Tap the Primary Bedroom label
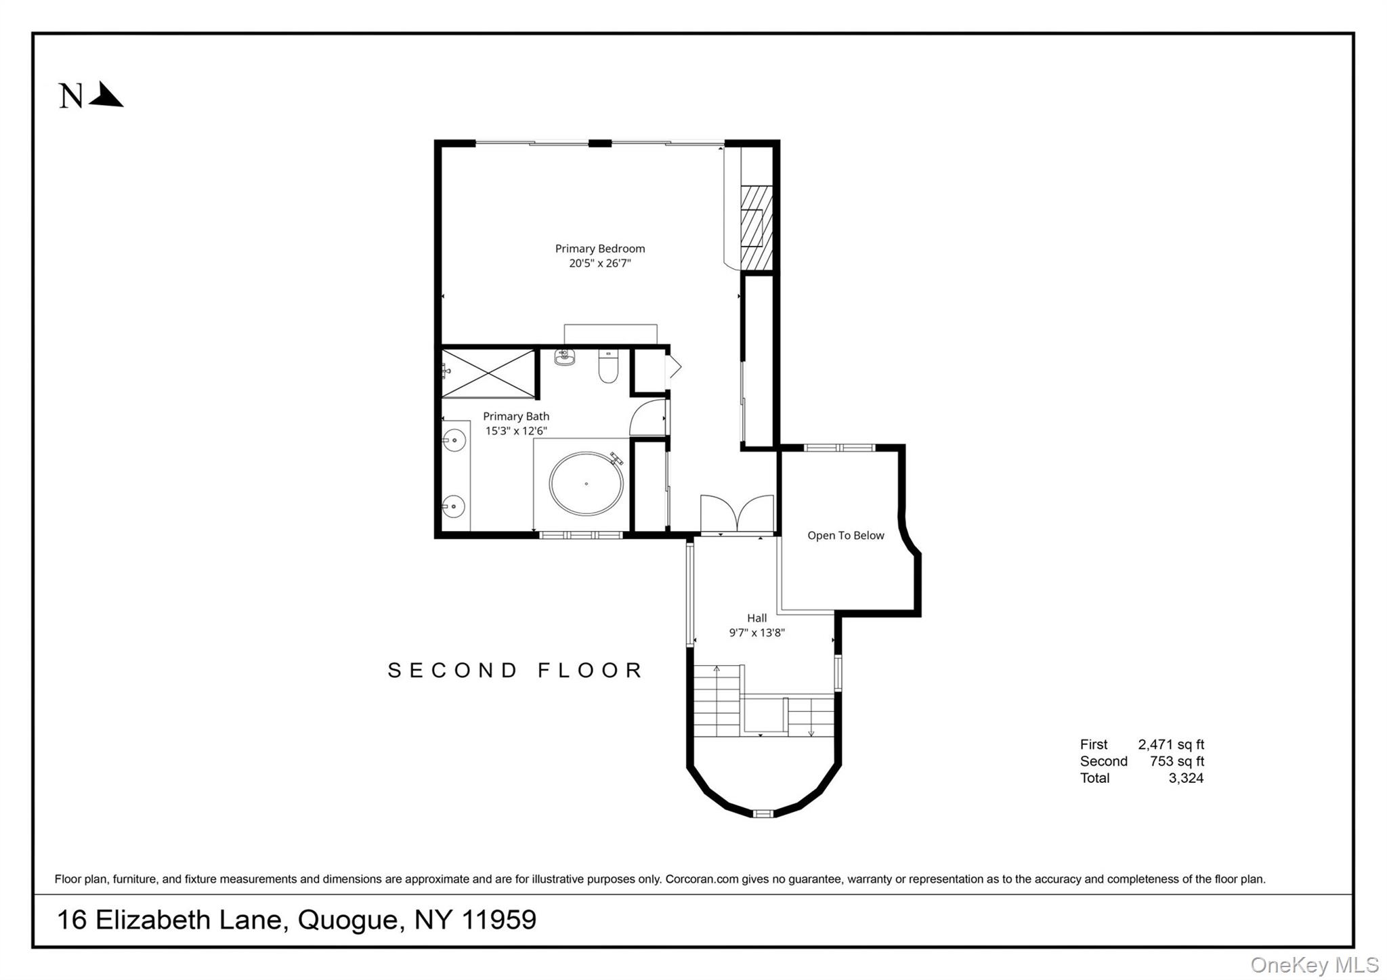click(x=599, y=249)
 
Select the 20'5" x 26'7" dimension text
click(x=599, y=263)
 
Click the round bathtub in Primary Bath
click(x=586, y=484)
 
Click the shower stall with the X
click(x=488, y=373)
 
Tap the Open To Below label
click(x=845, y=535)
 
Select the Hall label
click(x=756, y=618)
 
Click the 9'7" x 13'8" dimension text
click(x=756, y=633)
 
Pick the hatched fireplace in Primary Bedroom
click(x=756, y=228)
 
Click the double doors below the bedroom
click(x=737, y=513)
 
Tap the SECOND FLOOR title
click(x=515, y=670)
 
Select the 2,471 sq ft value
click(x=1171, y=744)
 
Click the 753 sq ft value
click(x=1176, y=761)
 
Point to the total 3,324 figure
click(x=1186, y=778)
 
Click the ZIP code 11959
click(x=499, y=920)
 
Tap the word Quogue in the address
click(x=347, y=920)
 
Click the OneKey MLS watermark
click(x=1314, y=964)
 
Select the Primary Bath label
click(x=516, y=416)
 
